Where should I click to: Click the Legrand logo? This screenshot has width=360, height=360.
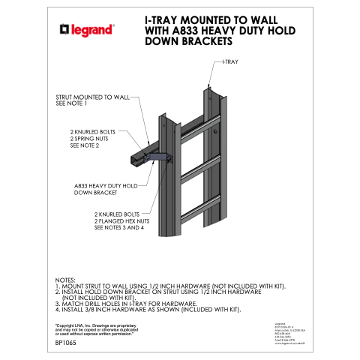pyautogui.click(x=86, y=30)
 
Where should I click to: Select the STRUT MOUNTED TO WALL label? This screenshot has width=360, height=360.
pyautogui.click(x=93, y=97)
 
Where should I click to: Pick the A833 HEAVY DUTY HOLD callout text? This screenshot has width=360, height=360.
pyautogui.click(x=106, y=185)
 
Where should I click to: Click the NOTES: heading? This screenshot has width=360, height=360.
pyautogui.click(x=67, y=279)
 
